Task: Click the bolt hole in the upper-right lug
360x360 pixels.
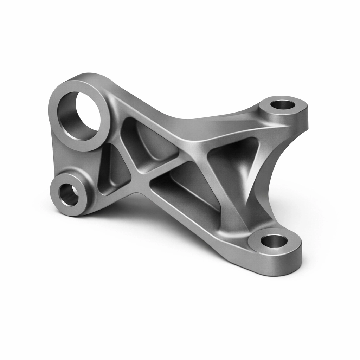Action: click(283, 104)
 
